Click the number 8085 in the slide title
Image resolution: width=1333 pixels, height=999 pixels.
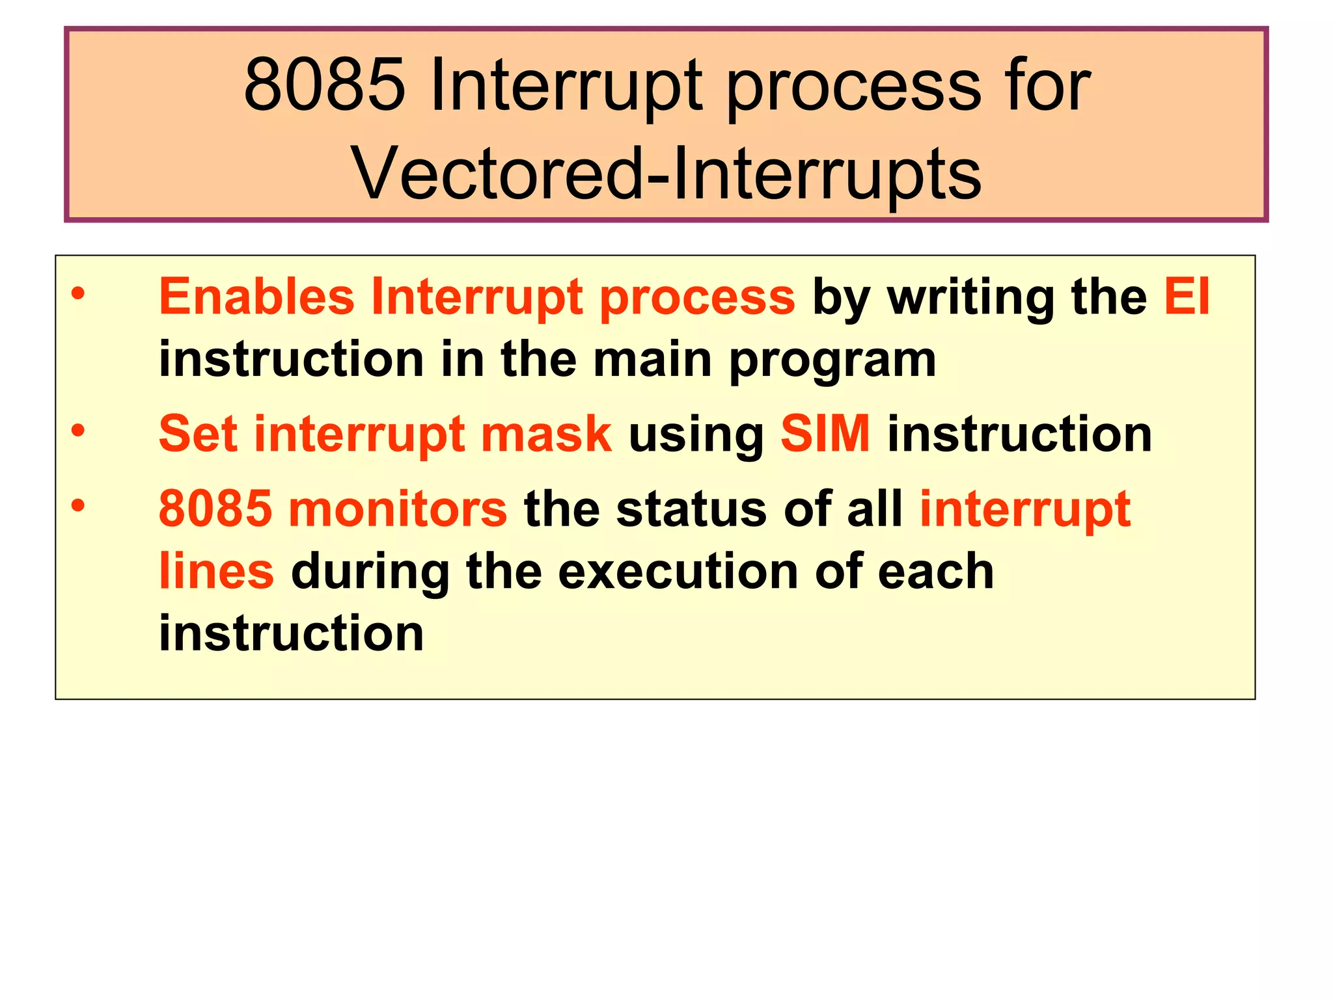point(323,85)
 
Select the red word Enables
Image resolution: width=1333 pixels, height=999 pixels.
point(256,297)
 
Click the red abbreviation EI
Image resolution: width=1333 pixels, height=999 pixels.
point(1187,297)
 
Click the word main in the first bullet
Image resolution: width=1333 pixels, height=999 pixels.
point(652,359)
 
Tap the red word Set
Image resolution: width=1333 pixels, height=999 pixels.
point(198,434)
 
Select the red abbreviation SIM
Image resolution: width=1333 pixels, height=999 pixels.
point(825,434)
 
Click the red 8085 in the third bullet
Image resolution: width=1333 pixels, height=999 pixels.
point(215,509)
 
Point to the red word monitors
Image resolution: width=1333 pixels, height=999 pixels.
point(397,509)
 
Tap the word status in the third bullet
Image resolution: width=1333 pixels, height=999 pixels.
point(691,509)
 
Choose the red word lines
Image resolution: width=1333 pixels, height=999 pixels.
point(216,570)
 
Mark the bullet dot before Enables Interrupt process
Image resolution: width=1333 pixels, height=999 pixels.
point(78,294)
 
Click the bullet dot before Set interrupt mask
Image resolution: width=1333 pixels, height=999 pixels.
point(78,431)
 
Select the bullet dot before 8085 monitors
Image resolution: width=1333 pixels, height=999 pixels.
point(78,505)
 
